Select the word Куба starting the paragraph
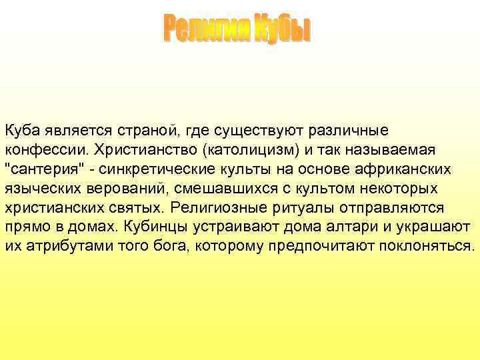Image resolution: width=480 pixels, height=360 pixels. click(x=21, y=129)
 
